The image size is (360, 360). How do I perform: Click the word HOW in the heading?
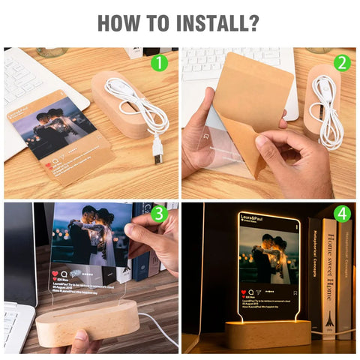(122, 22)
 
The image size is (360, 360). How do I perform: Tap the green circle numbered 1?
(160, 63)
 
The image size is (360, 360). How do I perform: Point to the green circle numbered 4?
(341, 214)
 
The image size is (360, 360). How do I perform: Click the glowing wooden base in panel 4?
(268, 333)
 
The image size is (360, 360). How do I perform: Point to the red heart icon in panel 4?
(243, 290)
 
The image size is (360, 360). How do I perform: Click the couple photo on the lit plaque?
(268, 256)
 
